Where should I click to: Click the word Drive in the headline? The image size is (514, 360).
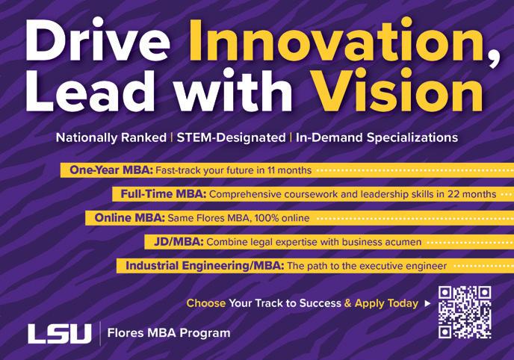98,40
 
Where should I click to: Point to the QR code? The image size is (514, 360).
465,312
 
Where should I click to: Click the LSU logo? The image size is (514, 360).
59,334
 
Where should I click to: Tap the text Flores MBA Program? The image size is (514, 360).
169,333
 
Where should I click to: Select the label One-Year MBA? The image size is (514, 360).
111,170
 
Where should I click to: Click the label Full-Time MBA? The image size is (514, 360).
164,194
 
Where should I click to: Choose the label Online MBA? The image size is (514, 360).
130,218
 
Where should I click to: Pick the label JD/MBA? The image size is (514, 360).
179,242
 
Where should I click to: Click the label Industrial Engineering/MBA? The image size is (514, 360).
205,266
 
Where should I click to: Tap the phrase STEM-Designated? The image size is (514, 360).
231,137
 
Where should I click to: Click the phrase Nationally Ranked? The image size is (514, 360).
111,137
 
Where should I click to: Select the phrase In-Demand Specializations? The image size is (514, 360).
377,137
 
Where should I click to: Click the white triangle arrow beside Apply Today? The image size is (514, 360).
427,304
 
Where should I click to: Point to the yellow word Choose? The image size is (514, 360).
206,303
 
